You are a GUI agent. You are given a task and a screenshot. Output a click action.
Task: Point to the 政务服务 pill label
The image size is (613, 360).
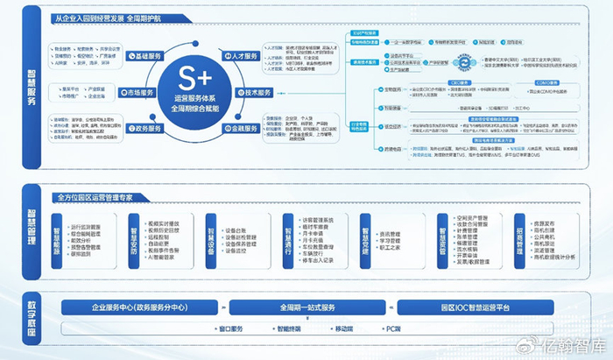(142, 129)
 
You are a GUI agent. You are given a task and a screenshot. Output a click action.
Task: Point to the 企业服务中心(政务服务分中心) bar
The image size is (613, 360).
(142, 307)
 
